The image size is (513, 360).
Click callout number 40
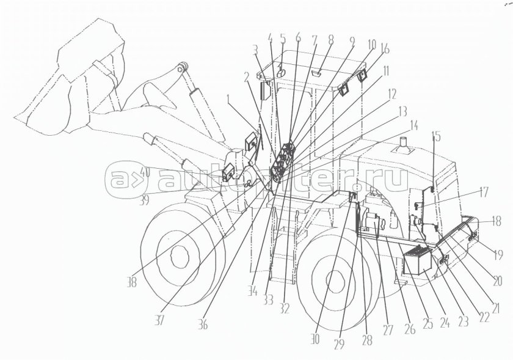coord(144,173)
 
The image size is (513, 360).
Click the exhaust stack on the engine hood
coord(403,147)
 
